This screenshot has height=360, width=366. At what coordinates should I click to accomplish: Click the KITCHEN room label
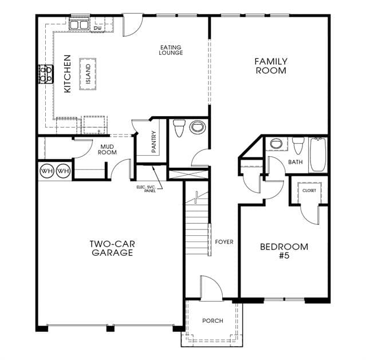[x=68, y=74]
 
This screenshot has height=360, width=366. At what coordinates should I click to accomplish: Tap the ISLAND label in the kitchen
[x=88, y=74]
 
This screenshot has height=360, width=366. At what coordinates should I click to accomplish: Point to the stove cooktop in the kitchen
[x=46, y=74]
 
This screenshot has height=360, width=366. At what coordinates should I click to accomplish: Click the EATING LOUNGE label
[x=171, y=50]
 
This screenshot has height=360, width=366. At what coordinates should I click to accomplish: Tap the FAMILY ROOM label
[x=271, y=66]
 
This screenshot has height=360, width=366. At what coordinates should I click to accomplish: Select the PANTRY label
[x=154, y=142]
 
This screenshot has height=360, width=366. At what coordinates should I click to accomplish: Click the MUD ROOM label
[x=107, y=149]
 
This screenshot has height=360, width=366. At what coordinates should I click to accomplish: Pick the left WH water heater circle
[x=47, y=171]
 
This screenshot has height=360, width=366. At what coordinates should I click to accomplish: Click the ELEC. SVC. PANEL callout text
[x=146, y=189]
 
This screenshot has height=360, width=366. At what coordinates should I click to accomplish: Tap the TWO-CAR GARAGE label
[x=112, y=248]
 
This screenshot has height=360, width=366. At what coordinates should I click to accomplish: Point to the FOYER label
[x=224, y=242]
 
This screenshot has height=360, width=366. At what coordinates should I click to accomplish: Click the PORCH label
[x=212, y=321]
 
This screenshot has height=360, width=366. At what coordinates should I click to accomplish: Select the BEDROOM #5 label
[x=284, y=251]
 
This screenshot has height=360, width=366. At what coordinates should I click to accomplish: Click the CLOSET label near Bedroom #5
[x=309, y=191]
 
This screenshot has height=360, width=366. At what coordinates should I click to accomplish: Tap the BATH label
[x=296, y=162]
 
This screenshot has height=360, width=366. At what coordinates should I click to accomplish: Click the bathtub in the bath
[x=318, y=155]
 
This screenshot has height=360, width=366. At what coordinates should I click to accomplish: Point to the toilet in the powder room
[x=179, y=128]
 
